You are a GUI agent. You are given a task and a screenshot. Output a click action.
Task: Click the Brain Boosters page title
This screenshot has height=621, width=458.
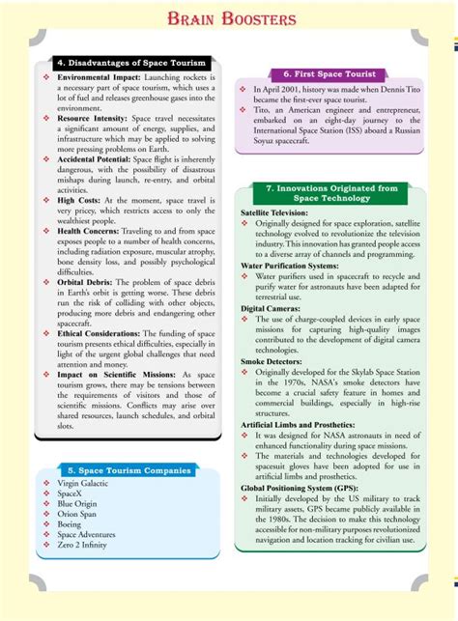229,18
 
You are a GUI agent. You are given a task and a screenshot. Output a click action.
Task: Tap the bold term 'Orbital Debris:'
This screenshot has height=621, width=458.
87,281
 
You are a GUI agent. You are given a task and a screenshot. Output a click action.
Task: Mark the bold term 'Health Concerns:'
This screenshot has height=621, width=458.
94,232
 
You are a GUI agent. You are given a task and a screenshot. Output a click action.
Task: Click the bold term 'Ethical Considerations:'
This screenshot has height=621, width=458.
103,332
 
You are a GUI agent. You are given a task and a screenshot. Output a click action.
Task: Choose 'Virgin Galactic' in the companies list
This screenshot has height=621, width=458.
86,482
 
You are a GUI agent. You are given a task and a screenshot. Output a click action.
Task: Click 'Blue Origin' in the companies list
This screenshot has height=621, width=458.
78,503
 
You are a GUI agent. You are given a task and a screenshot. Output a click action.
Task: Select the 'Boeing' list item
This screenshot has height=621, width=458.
71,524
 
